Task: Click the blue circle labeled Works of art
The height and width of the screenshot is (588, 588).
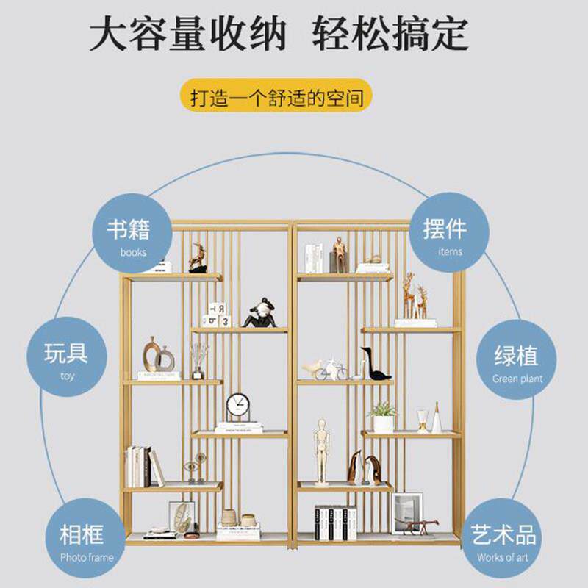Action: click(x=505, y=539)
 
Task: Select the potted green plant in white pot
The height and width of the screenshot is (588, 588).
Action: click(x=383, y=417)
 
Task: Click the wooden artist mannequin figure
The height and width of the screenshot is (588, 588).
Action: click(x=322, y=451)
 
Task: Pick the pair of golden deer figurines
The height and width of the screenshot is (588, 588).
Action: click(x=413, y=298)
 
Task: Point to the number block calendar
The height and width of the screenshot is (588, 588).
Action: click(x=217, y=315)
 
